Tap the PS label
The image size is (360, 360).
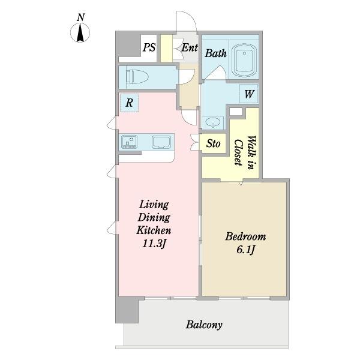coord(149,47)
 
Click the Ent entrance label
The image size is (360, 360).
coord(190,47)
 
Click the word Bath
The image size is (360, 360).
coord(216,53)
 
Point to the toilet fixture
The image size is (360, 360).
coord(137,77)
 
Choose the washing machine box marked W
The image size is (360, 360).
coord(249,94)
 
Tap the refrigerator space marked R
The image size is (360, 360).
coord(129,103)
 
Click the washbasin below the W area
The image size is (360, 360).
coord(212,122)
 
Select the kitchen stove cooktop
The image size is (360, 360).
coord(129,142)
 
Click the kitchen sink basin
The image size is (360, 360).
coord(161,142)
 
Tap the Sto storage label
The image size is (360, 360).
coord(213,144)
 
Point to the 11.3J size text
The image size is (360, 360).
coord(154,244)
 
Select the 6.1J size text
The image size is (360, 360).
coord(245,250)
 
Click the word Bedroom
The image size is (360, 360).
coord(245,236)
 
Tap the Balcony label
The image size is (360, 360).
coord(204,325)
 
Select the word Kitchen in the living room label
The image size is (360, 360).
coord(154,230)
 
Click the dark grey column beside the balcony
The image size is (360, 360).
coord(127,310)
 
